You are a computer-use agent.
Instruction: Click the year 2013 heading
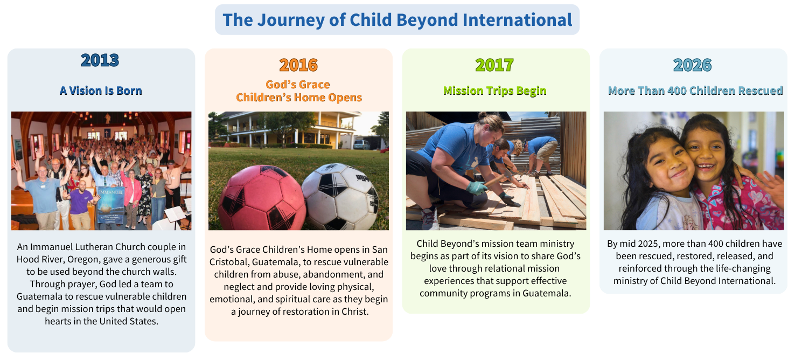click(x=100, y=60)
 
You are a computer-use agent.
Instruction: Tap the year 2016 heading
click(x=298, y=65)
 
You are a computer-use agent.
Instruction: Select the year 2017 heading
click(x=494, y=65)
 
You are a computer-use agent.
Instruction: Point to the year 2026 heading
click(x=693, y=65)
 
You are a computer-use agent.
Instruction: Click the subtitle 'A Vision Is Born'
click(x=101, y=91)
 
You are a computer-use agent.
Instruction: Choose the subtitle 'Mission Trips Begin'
click(x=495, y=91)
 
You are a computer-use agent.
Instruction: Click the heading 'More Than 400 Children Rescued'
click(x=695, y=91)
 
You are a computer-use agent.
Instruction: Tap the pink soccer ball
click(x=262, y=198)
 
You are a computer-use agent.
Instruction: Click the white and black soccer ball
click(x=340, y=197)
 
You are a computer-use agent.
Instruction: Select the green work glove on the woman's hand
click(x=477, y=188)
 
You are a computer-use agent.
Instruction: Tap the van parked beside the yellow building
click(x=361, y=145)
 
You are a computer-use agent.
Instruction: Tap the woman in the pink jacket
click(x=131, y=195)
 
